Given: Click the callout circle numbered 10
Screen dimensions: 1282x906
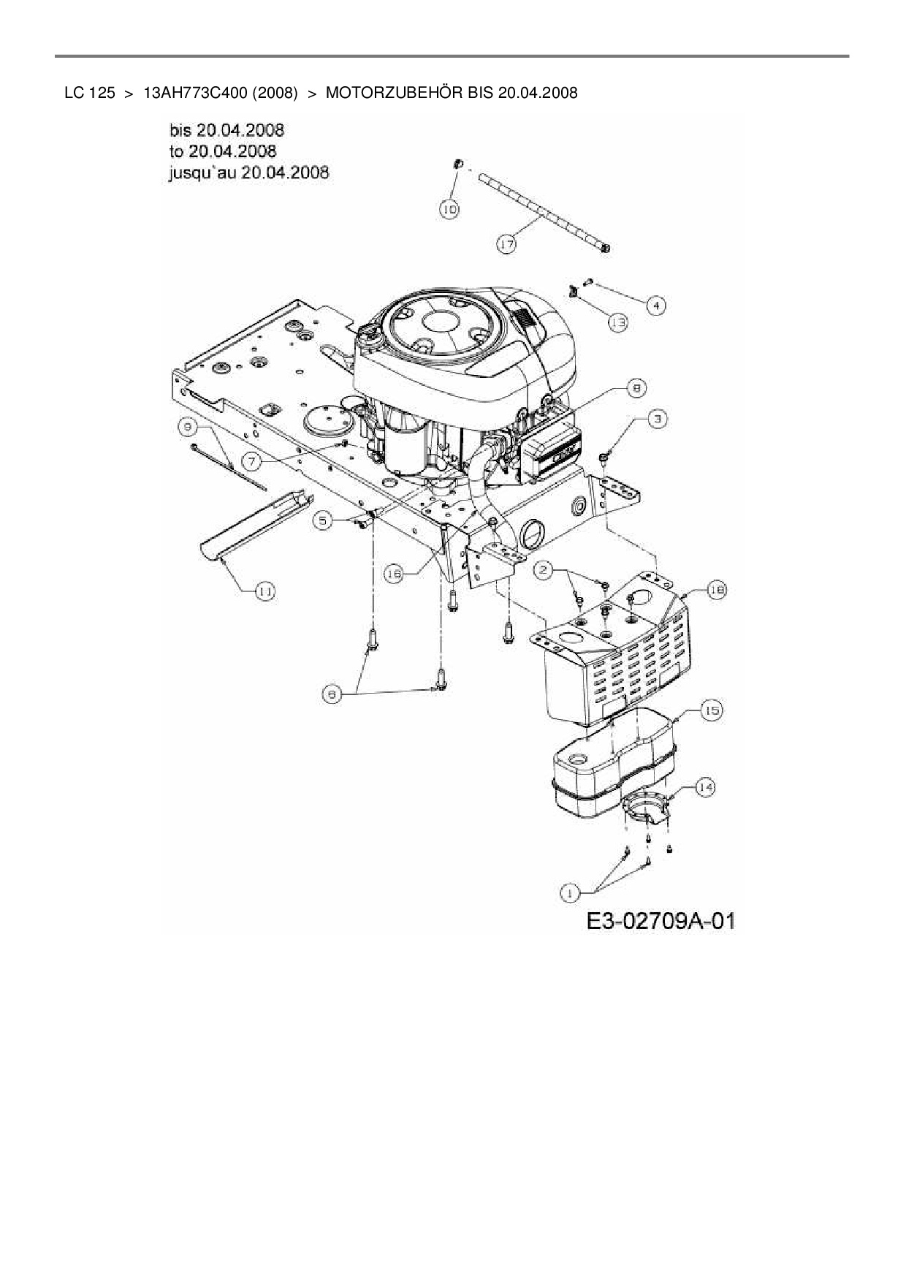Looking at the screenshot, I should tap(449, 209).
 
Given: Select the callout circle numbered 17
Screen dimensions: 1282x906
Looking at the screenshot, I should tap(507, 244).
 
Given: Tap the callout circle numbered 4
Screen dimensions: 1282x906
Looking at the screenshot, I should tap(655, 305).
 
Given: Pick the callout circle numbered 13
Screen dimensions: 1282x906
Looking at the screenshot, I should tap(618, 322).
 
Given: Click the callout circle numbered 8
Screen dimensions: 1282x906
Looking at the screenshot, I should tap(635, 388).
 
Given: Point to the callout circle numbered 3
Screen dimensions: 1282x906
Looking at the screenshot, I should tap(658, 419).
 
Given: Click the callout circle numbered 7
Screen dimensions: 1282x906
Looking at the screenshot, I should tap(252, 461).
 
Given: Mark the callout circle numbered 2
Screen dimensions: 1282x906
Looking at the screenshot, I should tap(543, 571).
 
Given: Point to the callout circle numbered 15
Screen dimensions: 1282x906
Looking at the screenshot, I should tap(711, 710).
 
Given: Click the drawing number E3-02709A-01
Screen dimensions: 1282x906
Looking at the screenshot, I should tap(660, 920).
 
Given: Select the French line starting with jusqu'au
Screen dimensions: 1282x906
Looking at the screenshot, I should tap(248, 172).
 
